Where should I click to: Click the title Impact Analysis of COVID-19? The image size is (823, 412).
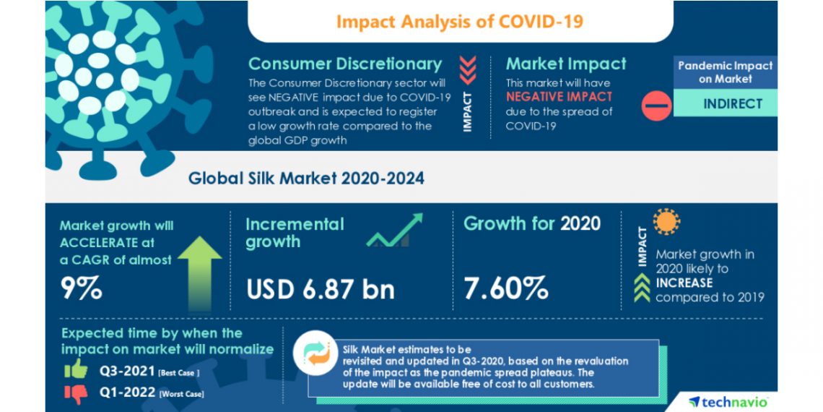click(x=460, y=21)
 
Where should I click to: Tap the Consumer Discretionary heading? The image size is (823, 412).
click(x=344, y=64)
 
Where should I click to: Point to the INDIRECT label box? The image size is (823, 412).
click(x=732, y=103)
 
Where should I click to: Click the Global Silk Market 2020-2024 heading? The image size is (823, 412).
click(x=306, y=178)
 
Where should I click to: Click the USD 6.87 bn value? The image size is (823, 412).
click(x=321, y=289)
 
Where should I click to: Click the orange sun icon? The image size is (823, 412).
click(x=666, y=222)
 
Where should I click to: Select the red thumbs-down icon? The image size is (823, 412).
click(x=75, y=392)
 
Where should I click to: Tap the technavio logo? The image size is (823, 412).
click(x=728, y=401)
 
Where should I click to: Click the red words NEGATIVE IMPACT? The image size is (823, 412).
click(x=558, y=97)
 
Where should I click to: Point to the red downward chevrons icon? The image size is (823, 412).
click(x=468, y=69)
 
